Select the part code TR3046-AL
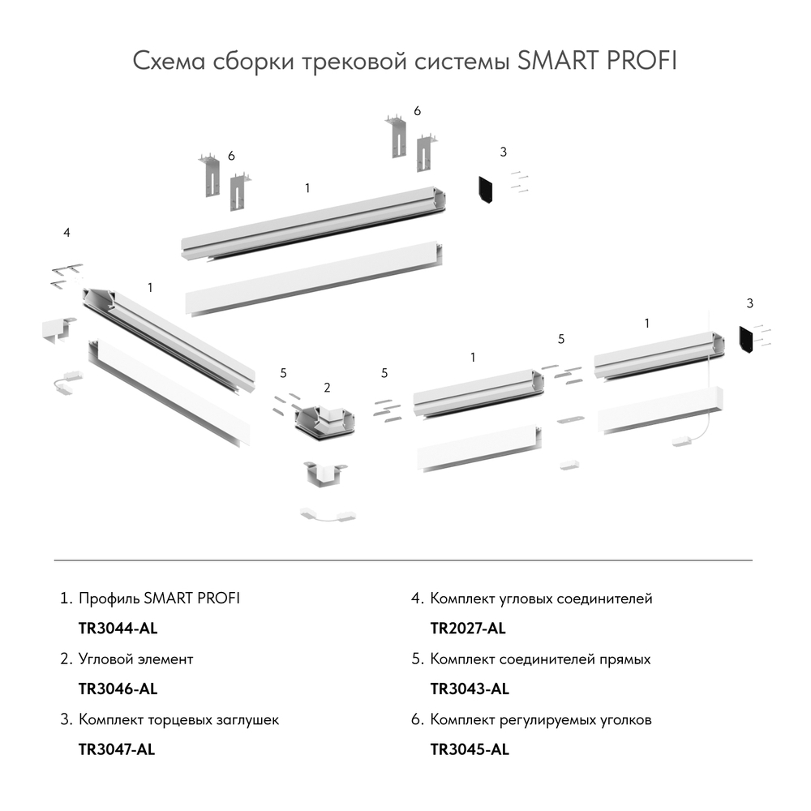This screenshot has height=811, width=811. [117, 689]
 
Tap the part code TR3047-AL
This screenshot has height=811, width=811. [116, 749]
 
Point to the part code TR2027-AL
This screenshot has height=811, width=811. [468, 629]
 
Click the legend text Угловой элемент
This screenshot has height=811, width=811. [136, 659]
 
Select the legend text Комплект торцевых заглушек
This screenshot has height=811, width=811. [178, 719]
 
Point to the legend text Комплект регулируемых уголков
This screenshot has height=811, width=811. [540, 719]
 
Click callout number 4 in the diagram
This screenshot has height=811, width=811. [67, 234]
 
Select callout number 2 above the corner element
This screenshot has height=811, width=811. [327, 388]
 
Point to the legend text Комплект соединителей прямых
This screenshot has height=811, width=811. [540, 659]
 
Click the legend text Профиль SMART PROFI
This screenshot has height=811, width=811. [159, 599]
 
